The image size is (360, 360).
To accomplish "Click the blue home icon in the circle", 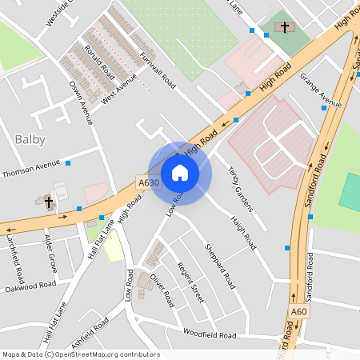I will (180, 172).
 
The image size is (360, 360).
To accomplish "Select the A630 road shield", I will (147, 182).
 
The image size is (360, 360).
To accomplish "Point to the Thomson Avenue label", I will (31, 168).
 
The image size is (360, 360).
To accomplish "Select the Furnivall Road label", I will (157, 70).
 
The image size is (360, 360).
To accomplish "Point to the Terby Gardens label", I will (240, 189).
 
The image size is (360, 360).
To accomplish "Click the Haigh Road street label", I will (242, 230).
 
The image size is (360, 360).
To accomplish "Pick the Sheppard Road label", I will (220, 266).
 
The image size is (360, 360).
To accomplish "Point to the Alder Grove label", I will (50, 253).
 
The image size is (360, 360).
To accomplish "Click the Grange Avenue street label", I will (321, 90).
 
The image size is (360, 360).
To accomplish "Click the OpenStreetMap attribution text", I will (81, 354).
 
